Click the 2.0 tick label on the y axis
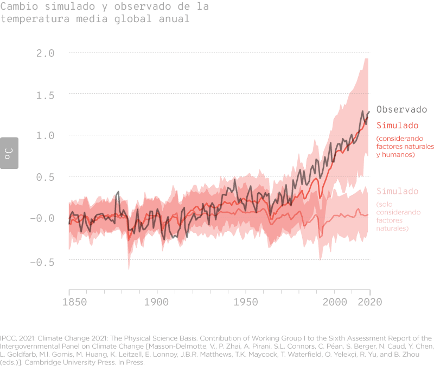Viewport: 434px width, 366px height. point(45,53)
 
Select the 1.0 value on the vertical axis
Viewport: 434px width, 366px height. point(45,135)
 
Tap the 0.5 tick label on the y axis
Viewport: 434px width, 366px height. point(45,177)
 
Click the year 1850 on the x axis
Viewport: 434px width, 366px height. point(69,302)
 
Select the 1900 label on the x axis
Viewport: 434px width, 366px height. point(157,302)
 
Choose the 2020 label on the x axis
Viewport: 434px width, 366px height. point(369,302)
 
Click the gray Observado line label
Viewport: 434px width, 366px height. point(401,109)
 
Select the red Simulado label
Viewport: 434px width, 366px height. point(398,125)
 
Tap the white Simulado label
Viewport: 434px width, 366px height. point(398,191)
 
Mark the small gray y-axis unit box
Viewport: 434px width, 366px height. point(9,152)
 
